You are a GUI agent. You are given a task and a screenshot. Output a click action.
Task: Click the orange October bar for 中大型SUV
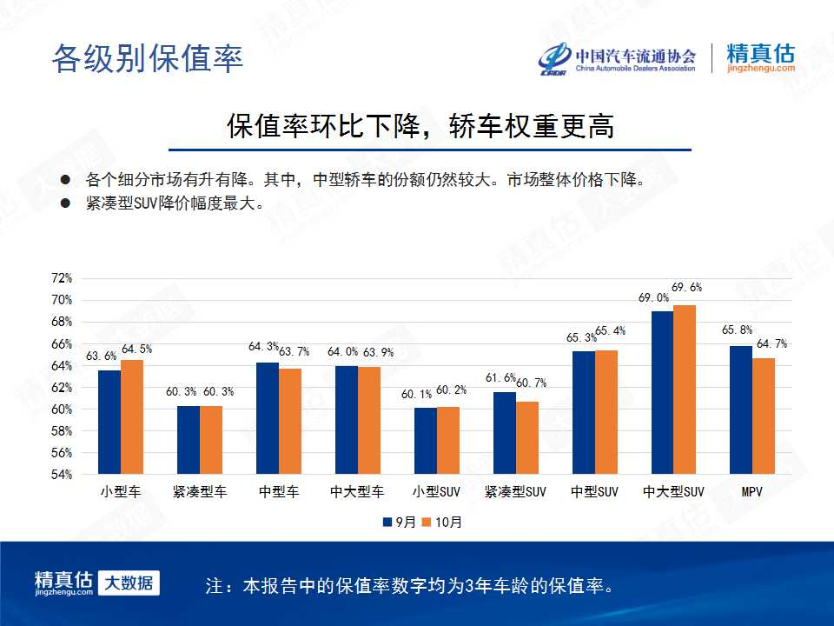coord(685,390)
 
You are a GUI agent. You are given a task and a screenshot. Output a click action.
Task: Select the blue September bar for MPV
coord(741,410)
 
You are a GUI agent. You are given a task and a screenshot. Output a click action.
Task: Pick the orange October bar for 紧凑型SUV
coord(527,437)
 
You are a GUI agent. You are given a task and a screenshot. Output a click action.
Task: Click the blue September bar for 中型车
coord(268,418)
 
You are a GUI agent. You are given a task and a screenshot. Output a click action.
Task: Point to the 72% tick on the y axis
coord(62,278)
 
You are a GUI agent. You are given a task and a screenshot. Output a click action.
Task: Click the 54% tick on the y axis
coord(62,475)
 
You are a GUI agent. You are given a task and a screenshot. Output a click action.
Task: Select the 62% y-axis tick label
coord(62,388)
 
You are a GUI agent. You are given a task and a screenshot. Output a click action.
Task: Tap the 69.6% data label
coord(686,288)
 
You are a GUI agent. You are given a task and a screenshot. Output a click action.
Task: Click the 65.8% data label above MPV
coord(738,330)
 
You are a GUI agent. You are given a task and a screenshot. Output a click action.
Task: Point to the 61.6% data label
coord(500,378)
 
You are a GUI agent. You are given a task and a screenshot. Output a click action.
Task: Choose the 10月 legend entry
coord(442,523)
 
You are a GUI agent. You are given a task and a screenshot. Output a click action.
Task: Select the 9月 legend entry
coord(400,523)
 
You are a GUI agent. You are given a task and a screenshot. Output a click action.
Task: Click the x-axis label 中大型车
coord(357,492)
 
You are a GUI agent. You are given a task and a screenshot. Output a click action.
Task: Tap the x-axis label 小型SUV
coord(436,492)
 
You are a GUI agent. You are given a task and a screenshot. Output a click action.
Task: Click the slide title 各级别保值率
coord(148,58)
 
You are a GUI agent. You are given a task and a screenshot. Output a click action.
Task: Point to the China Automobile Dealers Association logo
coord(617,58)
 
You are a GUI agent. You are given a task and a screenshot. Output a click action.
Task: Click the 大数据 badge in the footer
coord(129,583)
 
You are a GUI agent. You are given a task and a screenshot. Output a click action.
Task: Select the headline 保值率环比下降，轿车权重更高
coord(420,126)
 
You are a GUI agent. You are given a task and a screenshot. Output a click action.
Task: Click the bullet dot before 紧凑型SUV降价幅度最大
coord(65,203)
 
